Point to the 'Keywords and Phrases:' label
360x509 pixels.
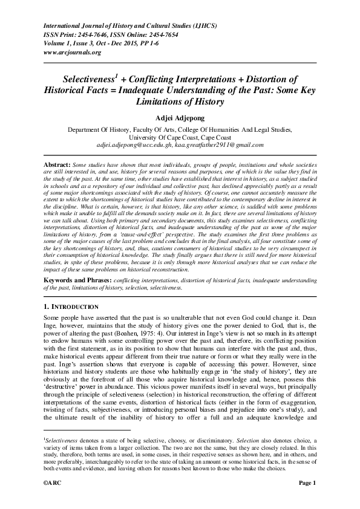pyautogui.click(x=78, y=280)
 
